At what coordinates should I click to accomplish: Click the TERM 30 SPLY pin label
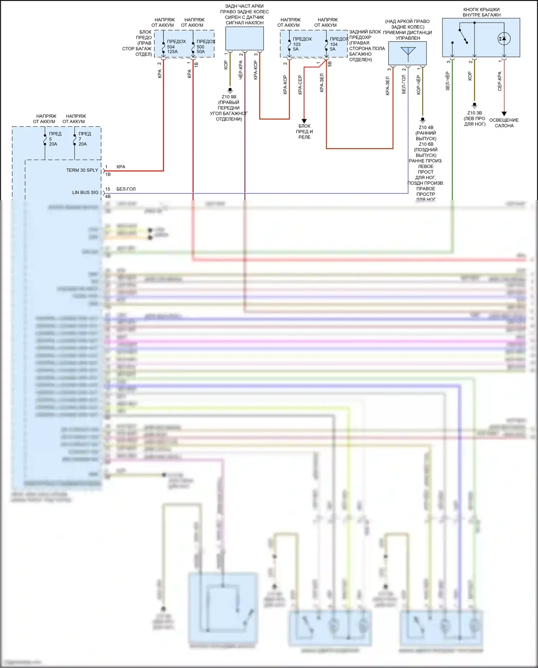[x=82, y=170]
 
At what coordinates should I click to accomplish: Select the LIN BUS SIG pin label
[x=85, y=192]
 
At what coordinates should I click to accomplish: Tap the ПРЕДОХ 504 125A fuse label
[x=176, y=46]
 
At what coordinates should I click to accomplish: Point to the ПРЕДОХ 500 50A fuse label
[x=206, y=46]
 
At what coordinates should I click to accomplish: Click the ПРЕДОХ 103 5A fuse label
[x=302, y=44]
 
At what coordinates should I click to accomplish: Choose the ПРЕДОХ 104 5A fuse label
[x=339, y=44]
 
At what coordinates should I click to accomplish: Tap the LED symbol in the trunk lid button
[x=504, y=38]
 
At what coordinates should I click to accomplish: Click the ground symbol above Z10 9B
[x=230, y=90]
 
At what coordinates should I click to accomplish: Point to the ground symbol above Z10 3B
[x=475, y=106]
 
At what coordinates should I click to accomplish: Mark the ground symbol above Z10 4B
[x=423, y=120]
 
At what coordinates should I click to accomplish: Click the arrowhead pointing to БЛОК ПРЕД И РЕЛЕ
[x=304, y=121]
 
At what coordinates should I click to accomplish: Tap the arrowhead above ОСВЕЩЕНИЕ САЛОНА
[x=504, y=114]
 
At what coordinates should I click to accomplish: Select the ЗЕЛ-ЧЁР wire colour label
[x=448, y=81]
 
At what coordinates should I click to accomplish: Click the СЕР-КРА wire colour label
[x=500, y=81]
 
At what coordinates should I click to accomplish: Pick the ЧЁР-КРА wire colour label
[x=241, y=70]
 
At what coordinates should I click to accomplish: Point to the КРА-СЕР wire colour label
[x=300, y=85]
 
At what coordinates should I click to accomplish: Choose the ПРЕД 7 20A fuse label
[x=84, y=139]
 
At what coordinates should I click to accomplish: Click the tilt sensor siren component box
[x=244, y=38]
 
